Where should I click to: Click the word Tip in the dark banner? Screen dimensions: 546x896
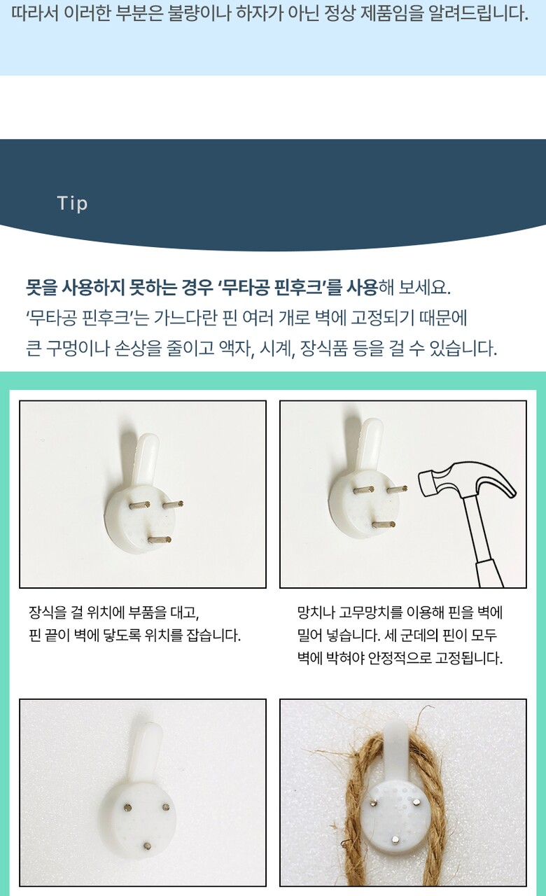coord(72,203)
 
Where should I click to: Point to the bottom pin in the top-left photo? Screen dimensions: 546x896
coord(160,540)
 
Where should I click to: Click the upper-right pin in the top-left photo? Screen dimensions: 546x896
coord(173,505)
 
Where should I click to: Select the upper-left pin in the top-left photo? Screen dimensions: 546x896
coord(139,505)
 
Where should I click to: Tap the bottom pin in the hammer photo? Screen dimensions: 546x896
coord(383,524)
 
